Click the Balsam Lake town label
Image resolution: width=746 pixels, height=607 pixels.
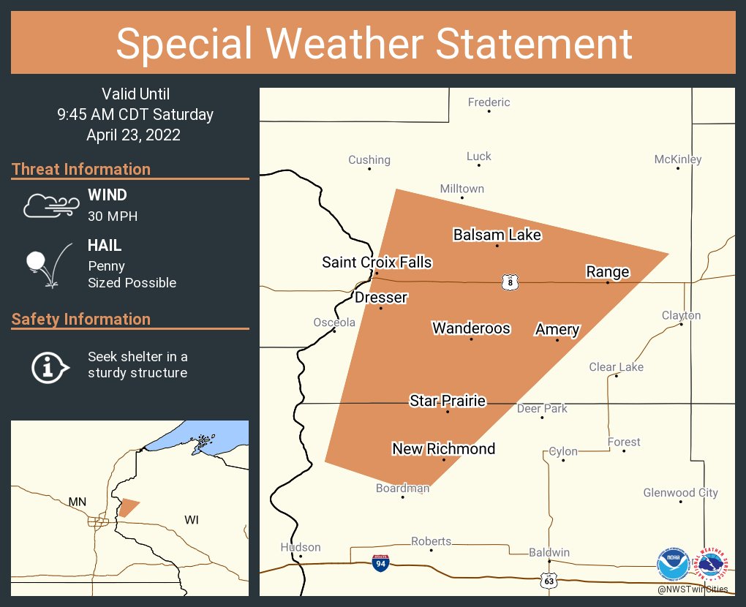coord(497,235)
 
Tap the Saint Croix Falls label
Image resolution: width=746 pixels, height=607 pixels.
coord(377,262)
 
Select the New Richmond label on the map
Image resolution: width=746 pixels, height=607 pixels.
coord(443,448)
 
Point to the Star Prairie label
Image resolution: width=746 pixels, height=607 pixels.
coord(448,401)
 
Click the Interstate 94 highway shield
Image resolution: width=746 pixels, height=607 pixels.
coord(380,562)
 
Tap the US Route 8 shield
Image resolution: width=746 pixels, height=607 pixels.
coord(510,282)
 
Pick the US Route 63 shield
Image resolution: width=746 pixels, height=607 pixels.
coord(549,580)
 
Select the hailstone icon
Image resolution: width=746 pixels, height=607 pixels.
coord(36,261)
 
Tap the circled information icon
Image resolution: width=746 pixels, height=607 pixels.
coord(48,366)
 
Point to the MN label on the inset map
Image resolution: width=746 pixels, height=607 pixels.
coord(77,502)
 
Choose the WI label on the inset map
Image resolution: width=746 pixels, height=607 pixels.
coord(192,520)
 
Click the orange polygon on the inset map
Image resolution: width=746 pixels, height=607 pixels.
coord(129,507)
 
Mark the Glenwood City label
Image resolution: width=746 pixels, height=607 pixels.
coord(680,493)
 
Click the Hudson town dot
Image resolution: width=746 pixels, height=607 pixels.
coord(301,557)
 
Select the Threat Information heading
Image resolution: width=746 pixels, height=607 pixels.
coord(81,169)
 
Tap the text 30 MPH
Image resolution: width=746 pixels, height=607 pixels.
coord(113,216)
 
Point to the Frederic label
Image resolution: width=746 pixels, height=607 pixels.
coord(489,102)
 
